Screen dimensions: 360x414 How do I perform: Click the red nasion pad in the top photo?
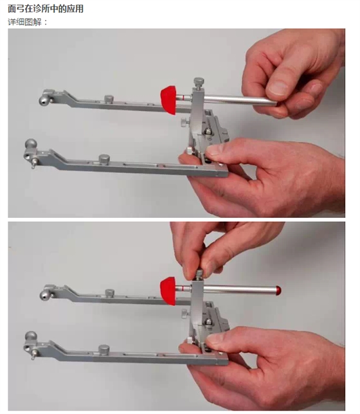[168, 100]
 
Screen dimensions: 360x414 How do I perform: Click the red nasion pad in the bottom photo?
[168, 291]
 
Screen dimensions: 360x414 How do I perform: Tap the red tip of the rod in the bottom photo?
[278, 291]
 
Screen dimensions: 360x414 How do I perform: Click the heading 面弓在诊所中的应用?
[46, 9]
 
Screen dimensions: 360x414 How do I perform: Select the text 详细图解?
[24, 22]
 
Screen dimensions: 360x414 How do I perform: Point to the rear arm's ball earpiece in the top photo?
[44, 100]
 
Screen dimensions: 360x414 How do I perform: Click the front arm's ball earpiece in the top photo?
[31, 144]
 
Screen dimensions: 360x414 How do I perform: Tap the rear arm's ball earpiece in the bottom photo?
[44, 294]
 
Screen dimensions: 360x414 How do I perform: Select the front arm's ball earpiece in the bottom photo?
[31, 336]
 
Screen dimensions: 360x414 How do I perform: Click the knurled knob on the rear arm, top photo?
[109, 99]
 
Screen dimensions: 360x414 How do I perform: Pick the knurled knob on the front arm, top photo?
[104, 159]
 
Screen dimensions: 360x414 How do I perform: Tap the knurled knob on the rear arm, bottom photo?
[110, 292]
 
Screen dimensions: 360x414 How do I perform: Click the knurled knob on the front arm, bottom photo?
[104, 350]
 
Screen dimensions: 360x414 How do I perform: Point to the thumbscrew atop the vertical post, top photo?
[199, 83]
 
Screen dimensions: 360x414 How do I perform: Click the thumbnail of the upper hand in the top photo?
[277, 88]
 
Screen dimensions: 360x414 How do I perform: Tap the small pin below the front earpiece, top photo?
[33, 165]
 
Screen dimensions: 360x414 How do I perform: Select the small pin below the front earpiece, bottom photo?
[33, 355]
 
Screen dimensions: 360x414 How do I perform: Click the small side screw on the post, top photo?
[185, 122]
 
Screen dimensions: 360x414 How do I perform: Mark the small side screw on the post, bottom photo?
[185, 314]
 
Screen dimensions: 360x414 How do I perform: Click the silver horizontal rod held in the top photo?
[238, 100]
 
